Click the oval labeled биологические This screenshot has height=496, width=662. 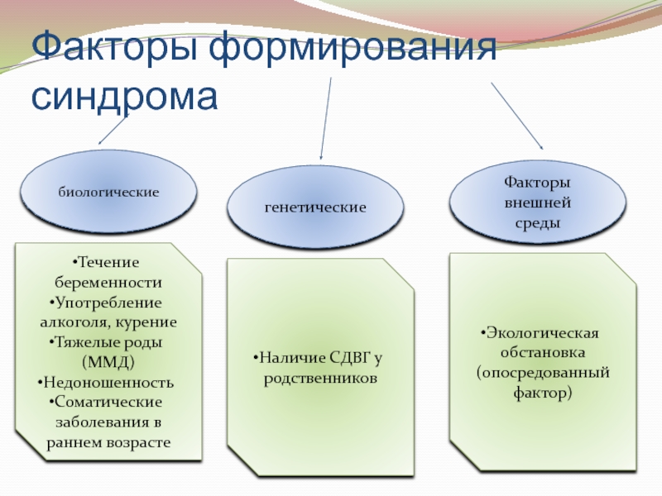pos(108,191)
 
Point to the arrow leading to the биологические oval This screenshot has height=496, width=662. pos(113,130)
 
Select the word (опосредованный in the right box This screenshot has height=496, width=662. pos(543,373)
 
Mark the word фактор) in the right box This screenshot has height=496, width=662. pos(542,393)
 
